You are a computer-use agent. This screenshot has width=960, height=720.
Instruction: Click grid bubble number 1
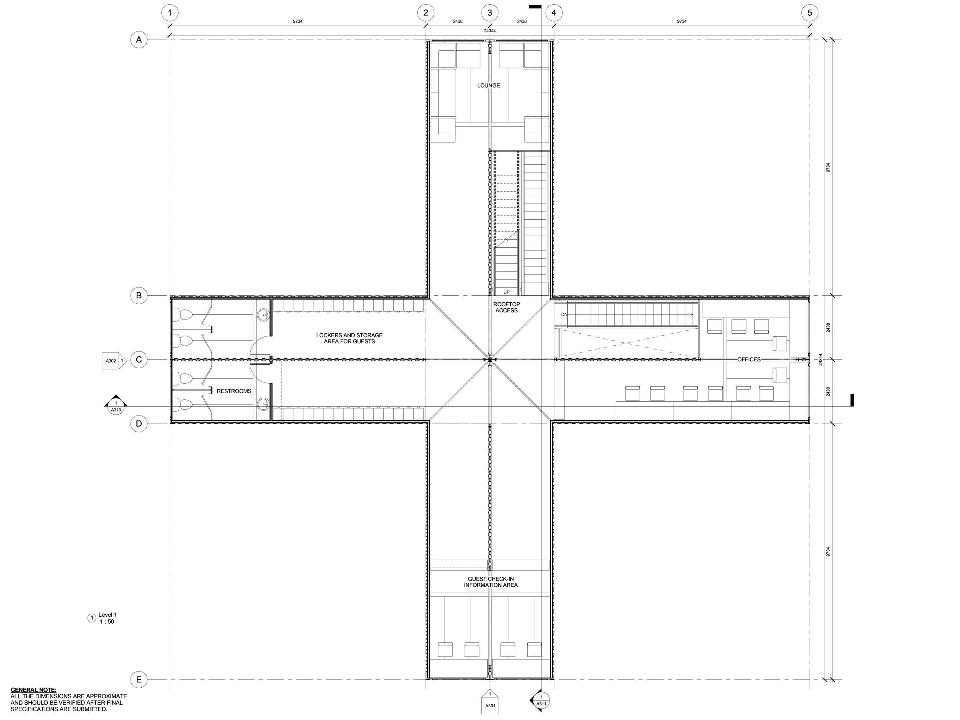(x=170, y=13)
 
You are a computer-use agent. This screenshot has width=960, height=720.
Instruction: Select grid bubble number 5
(x=809, y=13)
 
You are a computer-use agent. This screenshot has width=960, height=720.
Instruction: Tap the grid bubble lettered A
(x=139, y=40)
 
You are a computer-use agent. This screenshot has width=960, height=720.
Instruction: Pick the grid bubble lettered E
(x=139, y=679)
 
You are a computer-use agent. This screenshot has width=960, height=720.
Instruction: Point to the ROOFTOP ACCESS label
(x=506, y=307)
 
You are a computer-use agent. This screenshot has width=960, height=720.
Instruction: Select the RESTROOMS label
(x=234, y=391)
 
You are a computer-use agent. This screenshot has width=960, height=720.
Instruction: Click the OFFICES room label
(x=749, y=359)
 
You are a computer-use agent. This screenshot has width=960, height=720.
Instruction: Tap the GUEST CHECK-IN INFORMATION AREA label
(x=490, y=582)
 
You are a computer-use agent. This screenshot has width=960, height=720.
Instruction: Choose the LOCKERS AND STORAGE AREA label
(x=349, y=338)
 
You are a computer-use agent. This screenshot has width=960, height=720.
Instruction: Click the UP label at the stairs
(x=506, y=292)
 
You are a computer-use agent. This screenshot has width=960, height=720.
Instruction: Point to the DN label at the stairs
(x=564, y=314)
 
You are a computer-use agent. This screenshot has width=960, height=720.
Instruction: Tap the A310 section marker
(x=116, y=405)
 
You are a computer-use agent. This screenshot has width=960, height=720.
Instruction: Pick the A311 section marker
(x=540, y=700)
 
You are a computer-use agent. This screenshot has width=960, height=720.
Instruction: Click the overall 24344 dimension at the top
(x=490, y=31)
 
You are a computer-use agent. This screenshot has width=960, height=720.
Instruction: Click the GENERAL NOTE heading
(x=33, y=690)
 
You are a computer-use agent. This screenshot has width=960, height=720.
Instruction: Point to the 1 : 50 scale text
(x=107, y=621)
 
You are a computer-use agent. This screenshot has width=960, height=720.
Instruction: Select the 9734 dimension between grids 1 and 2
(x=297, y=21)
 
